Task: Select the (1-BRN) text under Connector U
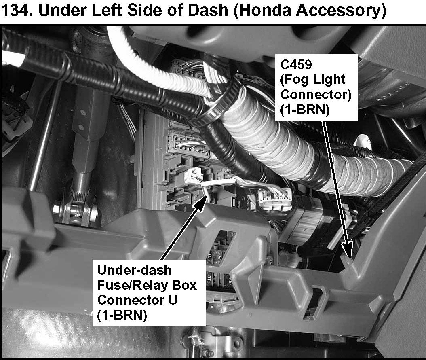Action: pos(122,315)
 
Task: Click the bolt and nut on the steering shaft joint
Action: pos(65,210)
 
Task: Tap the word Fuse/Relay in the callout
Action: pos(131,285)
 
